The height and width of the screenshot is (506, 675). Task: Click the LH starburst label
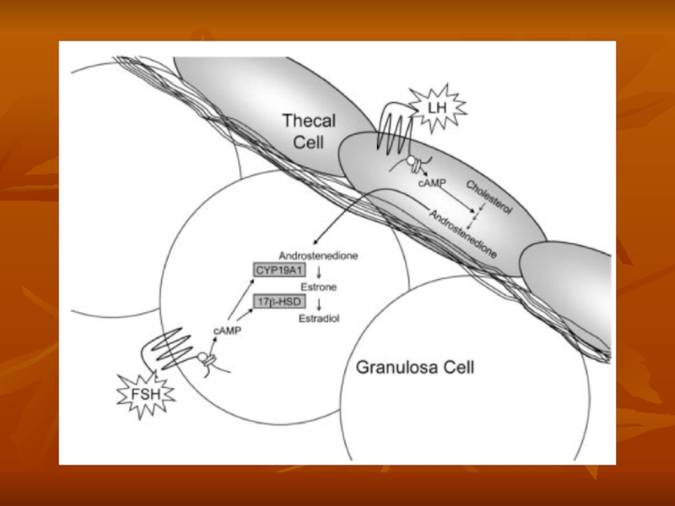click(436, 108)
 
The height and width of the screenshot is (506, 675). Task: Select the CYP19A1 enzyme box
click(278, 269)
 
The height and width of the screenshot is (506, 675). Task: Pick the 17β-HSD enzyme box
click(278, 300)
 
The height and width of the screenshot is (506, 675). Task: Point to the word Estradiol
click(318, 319)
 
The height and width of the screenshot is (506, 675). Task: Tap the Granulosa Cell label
click(415, 367)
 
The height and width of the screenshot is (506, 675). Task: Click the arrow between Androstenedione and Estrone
click(319, 271)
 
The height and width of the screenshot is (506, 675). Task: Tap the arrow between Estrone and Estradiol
click(319, 303)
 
